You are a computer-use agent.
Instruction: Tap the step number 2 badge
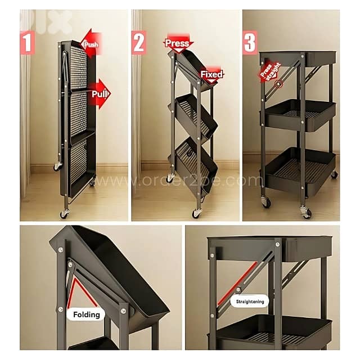click(139, 42)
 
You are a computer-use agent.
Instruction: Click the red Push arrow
click(90, 43)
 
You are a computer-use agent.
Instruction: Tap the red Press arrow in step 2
click(178, 43)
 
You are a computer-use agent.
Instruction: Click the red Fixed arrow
click(211, 74)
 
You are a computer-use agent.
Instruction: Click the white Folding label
click(86, 314)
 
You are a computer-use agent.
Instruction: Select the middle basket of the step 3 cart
click(298, 115)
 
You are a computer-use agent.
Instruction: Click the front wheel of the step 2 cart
click(196, 213)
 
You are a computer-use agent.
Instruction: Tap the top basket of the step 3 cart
click(298, 58)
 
